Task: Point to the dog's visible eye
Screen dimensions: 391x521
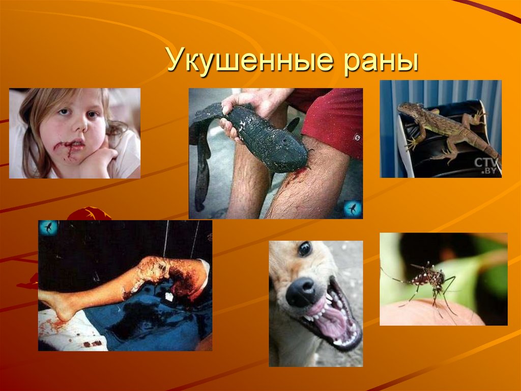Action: [x=304, y=249]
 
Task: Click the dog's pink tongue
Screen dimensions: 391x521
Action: [x=331, y=320]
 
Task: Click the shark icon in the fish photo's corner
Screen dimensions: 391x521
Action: [x=352, y=208]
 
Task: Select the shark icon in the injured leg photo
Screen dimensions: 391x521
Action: [x=49, y=227]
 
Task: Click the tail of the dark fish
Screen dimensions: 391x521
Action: [x=201, y=168]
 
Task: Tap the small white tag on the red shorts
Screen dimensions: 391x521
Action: [x=357, y=138]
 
